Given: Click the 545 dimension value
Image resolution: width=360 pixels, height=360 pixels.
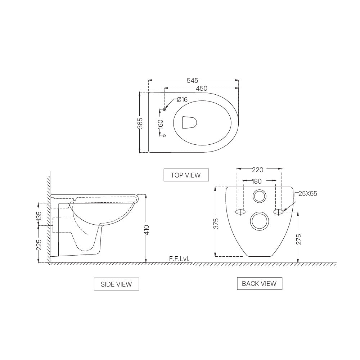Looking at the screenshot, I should (x=193, y=80).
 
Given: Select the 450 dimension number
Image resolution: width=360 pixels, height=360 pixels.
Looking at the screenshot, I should (x=202, y=88).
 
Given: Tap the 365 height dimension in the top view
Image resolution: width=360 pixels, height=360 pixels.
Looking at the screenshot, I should (x=140, y=123).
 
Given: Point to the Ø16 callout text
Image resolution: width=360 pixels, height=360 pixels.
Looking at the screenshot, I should (x=182, y=100).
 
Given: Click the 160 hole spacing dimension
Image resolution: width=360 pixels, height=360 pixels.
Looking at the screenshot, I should (x=161, y=124).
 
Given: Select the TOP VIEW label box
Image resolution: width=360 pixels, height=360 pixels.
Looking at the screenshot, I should (x=185, y=175).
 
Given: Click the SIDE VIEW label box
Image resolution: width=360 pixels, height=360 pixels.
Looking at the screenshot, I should (x=116, y=284).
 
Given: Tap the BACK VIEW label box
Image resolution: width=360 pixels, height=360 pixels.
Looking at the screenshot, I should (x=259, y=283).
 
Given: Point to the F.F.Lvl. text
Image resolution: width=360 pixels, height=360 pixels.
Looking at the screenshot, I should (x=179, y=259).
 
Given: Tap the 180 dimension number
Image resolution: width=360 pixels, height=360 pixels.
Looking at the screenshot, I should (x=257, y=181).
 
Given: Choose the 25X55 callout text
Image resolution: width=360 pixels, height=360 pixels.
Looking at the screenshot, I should (x=308, y=194).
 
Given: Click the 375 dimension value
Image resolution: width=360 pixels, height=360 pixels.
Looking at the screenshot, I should (x=215, y=223).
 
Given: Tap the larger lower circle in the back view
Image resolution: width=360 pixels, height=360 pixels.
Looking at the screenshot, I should (x=259, y=221).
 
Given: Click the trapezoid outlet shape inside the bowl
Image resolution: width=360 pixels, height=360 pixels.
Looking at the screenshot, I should (x=189, y=122).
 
